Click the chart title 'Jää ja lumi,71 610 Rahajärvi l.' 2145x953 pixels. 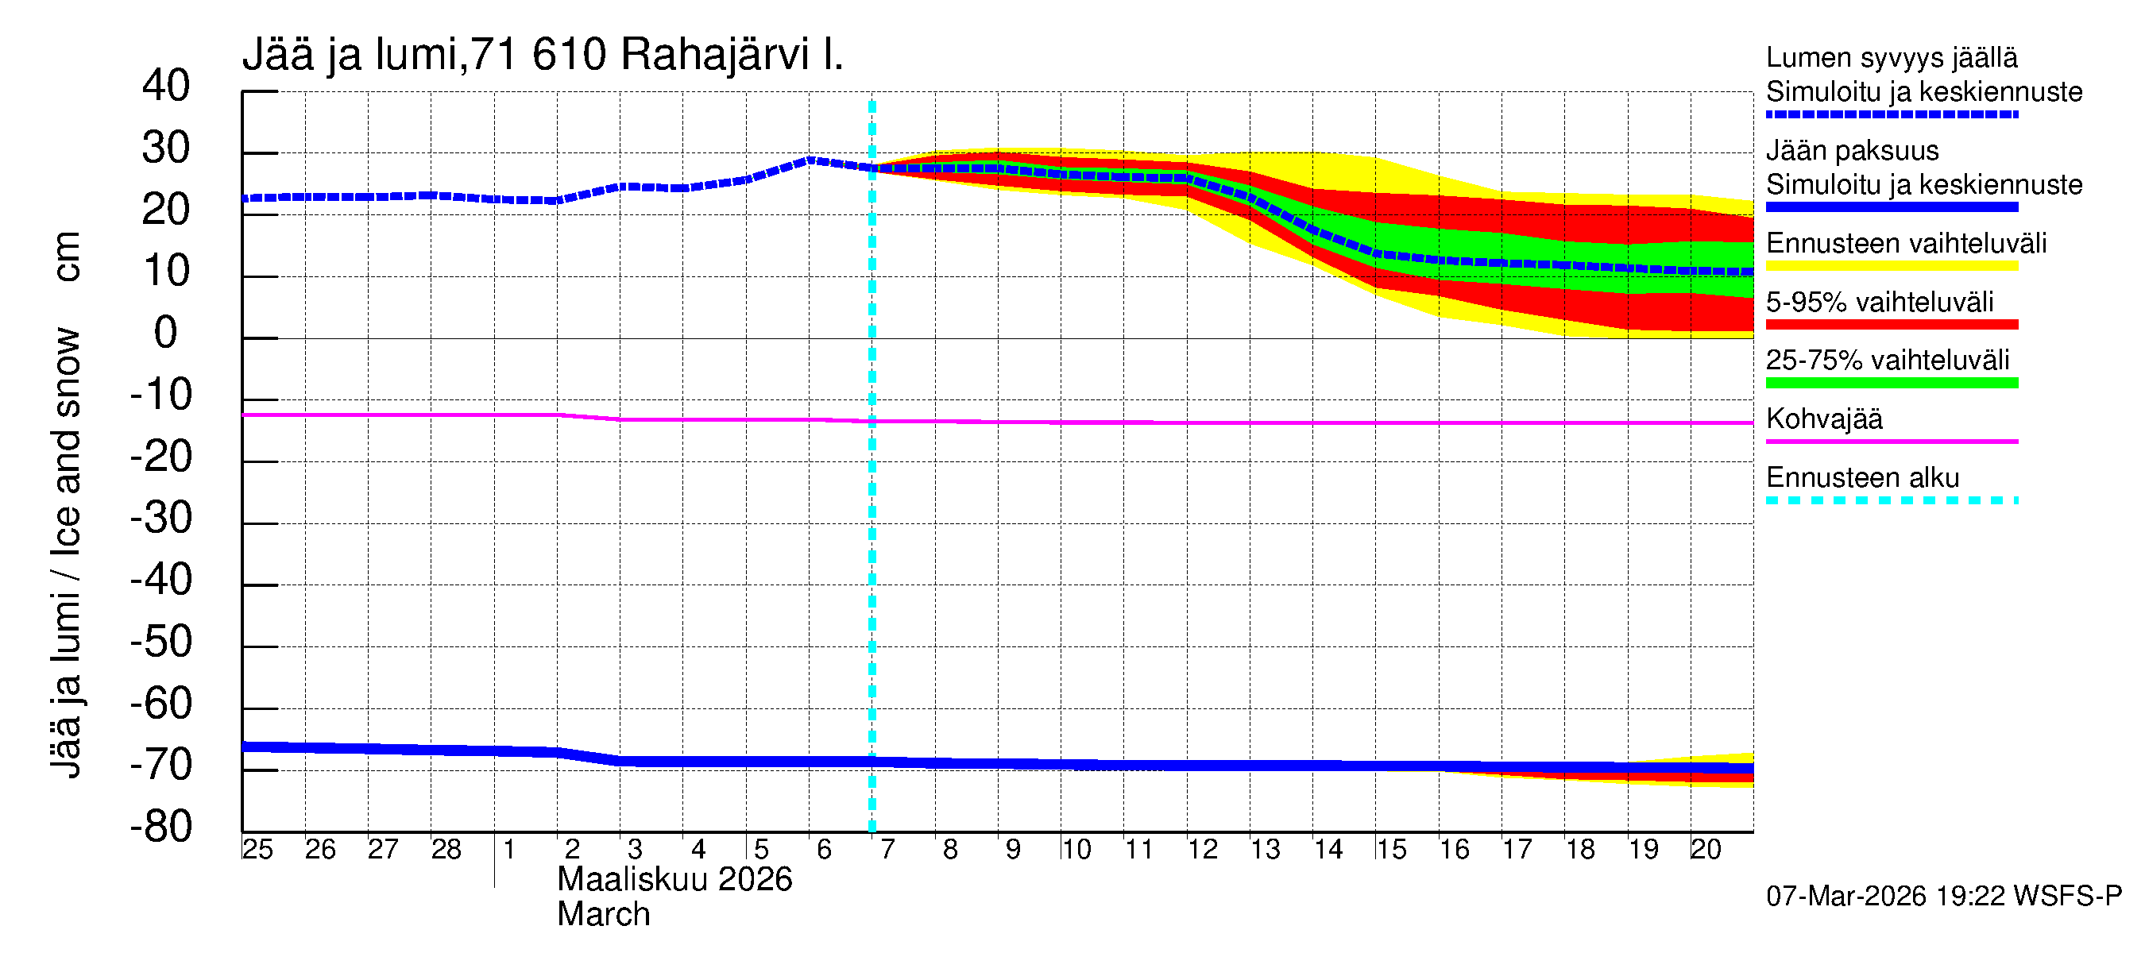point(542,55)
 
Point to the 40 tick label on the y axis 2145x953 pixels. point(166,86)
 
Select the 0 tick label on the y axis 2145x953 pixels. point(166,333)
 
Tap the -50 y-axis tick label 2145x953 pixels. point(160,642)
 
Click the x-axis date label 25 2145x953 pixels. point(257,850)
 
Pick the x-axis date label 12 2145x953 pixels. point(1203,850)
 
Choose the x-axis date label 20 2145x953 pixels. point(1706,850)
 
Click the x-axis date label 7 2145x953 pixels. point(887,850)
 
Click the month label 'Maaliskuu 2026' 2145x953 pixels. point(674,880)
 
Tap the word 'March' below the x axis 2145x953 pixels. point(604,915)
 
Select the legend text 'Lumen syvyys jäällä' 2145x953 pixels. point(1892,57)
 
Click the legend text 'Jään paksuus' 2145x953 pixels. point(1853,151)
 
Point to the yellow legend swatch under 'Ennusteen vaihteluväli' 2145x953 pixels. point(1892,266)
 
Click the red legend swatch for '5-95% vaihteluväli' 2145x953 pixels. point(1892,325)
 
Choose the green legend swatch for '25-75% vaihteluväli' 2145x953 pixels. point(1892,383)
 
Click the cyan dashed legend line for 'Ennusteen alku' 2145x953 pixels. point(1892,501)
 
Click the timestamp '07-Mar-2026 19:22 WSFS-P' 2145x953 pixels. point(1943,897)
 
